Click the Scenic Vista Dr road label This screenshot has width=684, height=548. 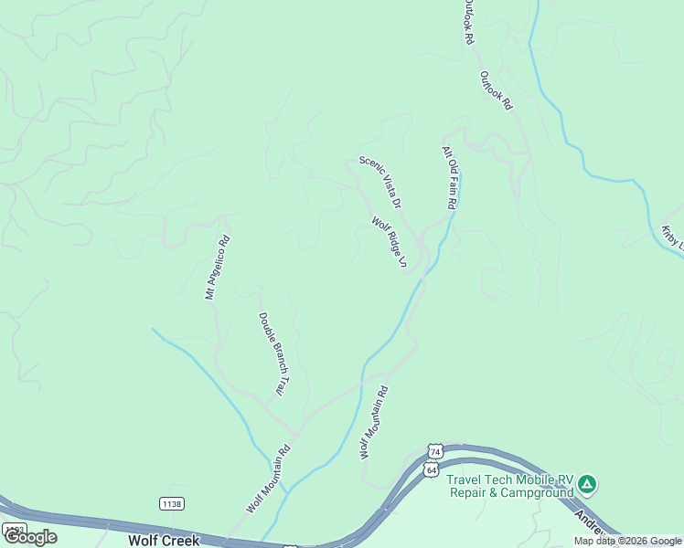(x=380, y=181)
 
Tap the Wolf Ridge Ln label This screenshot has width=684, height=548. (x=389, y=243)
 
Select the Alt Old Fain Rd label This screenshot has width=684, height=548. (x=449, y=178)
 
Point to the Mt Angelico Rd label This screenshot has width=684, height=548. (x=217, y=269)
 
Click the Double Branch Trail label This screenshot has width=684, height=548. (x=273, y=354)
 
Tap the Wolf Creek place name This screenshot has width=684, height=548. (x=164, y=541)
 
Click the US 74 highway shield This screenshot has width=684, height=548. (x=435, y=452)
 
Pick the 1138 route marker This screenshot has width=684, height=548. (x=171, y=503)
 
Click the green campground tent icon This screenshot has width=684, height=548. (x=587, y=483)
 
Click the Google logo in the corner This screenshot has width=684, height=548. (x=29, y=537)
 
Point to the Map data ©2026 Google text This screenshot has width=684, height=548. (x=627, y=541)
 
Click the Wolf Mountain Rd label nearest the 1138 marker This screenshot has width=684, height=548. (x=268, y=478)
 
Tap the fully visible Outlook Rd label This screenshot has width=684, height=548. (x=497, y=91)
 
